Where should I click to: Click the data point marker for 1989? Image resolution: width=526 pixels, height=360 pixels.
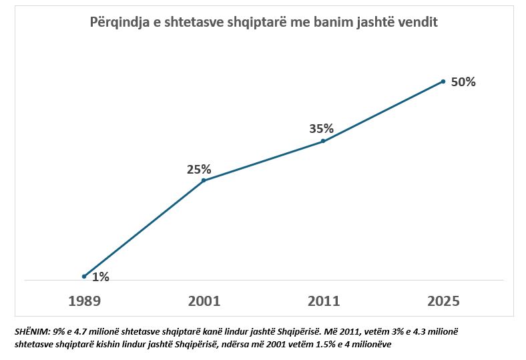click(x=84, y=277)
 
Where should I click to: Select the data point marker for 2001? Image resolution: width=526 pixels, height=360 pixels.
click(x=204, y=180)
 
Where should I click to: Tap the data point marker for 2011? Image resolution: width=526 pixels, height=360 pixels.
click(x=323, y=141)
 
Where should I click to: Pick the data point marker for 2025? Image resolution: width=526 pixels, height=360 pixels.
click(x=443, y=81)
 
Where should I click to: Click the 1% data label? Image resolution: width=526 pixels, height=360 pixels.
click(x=101, y=277)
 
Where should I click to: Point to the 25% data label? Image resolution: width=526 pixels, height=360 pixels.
click(x=199, y=169)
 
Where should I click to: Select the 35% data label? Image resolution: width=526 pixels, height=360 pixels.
click(x=321, y=129)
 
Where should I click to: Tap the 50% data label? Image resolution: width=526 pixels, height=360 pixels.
click(x=463, y=82)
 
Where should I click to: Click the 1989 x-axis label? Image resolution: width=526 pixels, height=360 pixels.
click(x=84, y=301)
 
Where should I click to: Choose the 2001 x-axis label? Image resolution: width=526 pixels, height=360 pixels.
click(x=204, y=301)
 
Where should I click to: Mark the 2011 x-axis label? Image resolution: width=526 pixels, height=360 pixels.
click(x=323, y=301)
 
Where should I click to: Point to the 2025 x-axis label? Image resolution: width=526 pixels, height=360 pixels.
click(x=443, y=301)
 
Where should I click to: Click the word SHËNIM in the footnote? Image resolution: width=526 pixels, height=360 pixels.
click(x=30, y=331)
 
